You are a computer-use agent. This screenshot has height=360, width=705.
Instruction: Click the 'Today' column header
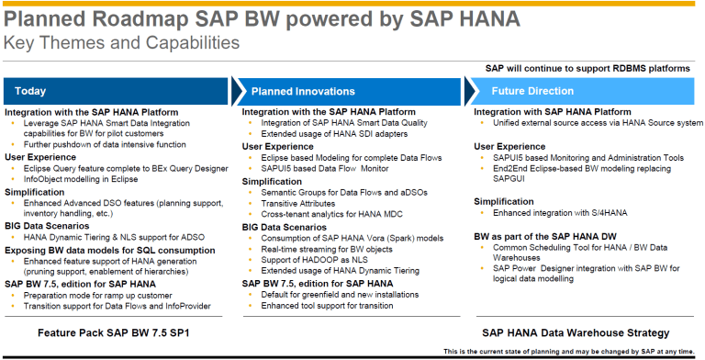pyautogui.click(x=31, y=91)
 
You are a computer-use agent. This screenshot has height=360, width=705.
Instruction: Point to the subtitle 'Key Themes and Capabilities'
pyautogui.click(x=122, y=42)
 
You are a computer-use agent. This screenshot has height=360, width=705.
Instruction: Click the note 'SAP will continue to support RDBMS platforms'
pyautogui.click(x=587, y=68)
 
